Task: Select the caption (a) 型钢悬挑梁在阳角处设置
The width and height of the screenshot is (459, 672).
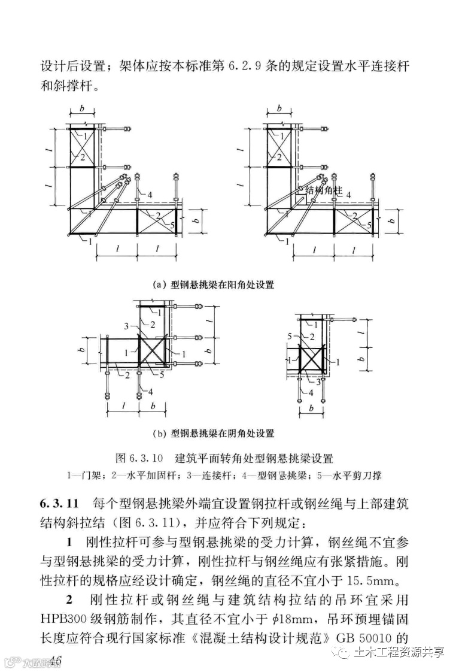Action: click(x=217, y=284)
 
